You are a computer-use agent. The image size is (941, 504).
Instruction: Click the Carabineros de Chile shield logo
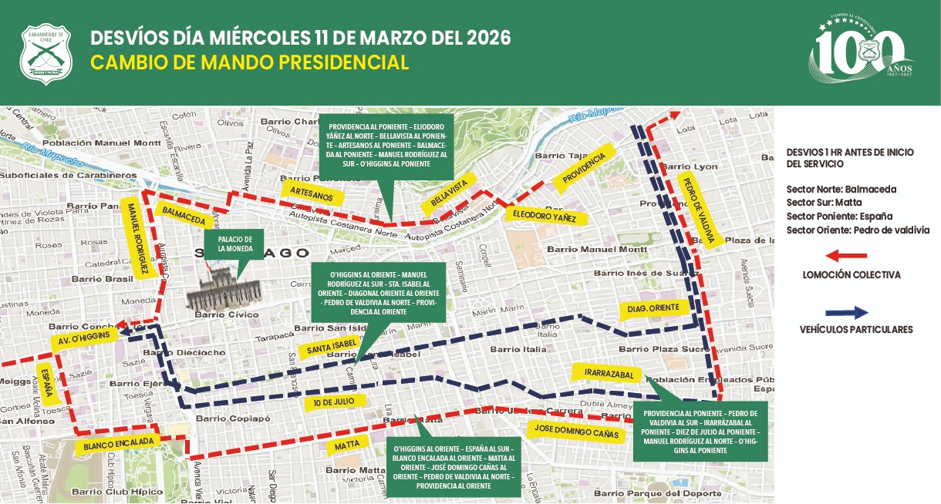(46, 54)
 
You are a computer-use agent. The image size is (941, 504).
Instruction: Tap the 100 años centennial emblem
(859, 51)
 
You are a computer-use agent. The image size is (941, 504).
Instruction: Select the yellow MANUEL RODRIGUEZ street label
(137, 238)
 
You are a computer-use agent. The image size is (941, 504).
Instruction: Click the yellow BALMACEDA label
(184, 216)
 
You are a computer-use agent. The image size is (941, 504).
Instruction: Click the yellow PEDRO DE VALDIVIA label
(700, 210)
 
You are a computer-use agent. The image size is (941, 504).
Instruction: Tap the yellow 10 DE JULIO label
(333, 402)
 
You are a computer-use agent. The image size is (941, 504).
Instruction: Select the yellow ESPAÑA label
(46, 384)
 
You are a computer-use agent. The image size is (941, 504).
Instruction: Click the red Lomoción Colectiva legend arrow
(847, 255)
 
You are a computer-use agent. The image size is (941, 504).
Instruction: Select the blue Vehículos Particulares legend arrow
(847, 313)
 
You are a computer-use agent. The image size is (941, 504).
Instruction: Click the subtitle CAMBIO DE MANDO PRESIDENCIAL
(249, 62)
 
